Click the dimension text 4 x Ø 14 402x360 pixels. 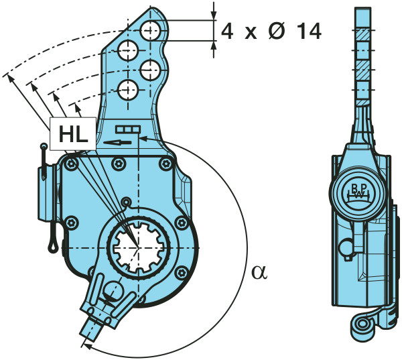point(271,30)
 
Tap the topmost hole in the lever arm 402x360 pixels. point(150,29)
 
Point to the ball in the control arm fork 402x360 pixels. point(111,292)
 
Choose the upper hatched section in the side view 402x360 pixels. point(362,34)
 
